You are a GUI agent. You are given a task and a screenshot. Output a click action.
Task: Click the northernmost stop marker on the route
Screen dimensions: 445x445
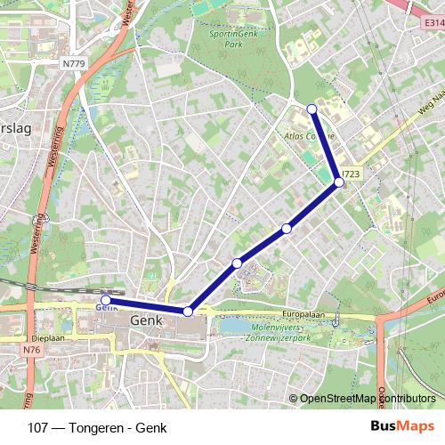pyautogui.click(x=311, y=109)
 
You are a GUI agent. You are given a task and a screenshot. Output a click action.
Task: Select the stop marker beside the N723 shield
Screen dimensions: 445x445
pyautogui.click(x=339, y=182)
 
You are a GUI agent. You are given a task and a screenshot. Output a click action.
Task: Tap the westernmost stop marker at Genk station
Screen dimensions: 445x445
pyautogui.click(x=106, y=300)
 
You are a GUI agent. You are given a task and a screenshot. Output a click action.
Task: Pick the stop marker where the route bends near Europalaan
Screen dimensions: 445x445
pyautogui.click(x=188, y=311)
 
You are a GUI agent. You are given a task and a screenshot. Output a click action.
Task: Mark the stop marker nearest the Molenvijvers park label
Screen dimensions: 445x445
pyautogui.click(x=237, y=263)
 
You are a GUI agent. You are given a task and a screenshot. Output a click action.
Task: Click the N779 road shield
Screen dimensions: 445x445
pyautogui.click(x=75, y=63)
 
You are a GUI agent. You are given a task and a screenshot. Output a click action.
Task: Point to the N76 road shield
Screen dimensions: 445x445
pyautogui.click(x=33, y=350)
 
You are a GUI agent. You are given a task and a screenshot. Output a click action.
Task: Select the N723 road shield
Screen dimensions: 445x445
pyautogui.click(x=350, y=175)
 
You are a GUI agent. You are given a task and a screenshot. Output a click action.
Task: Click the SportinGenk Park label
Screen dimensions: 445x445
pyautogui.click(x=232, y=37)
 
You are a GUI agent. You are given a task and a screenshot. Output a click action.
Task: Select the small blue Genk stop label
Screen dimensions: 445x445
pyautogui.click(x=106, y=308)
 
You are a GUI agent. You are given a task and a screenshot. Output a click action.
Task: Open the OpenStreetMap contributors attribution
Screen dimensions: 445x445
pyautogui.click(x=367, y=399)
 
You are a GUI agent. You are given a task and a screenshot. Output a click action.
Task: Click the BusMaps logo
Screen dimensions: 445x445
pyautogui.click(x=402, y=426)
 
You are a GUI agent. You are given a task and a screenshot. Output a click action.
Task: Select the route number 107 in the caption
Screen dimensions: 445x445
pyautogui.click(x=38, y=427)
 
